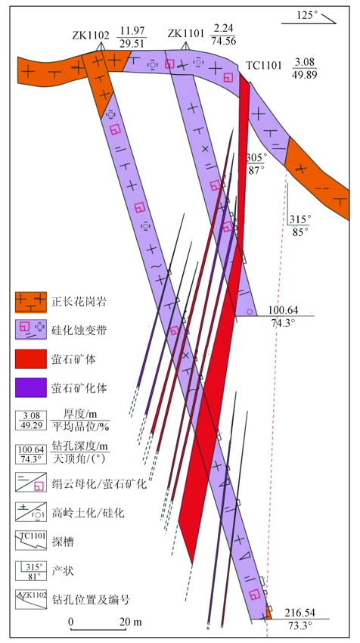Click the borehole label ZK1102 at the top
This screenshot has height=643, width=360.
point(91,36)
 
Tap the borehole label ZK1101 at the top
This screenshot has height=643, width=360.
point(186,35)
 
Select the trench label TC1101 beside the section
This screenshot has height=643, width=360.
point(264,65)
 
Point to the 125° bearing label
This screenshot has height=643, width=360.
point(307,16)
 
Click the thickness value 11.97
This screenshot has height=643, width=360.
point(132,30)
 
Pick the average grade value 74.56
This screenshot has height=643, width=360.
point(223,41)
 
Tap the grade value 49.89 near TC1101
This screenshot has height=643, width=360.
point(304,75)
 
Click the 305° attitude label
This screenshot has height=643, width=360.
point(256,157)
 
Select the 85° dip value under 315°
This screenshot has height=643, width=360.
point(300,232)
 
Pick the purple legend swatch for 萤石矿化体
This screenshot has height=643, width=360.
point(30,387)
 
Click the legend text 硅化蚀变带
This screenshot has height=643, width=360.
point(80,330)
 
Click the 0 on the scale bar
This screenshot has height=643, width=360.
point(71,621)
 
